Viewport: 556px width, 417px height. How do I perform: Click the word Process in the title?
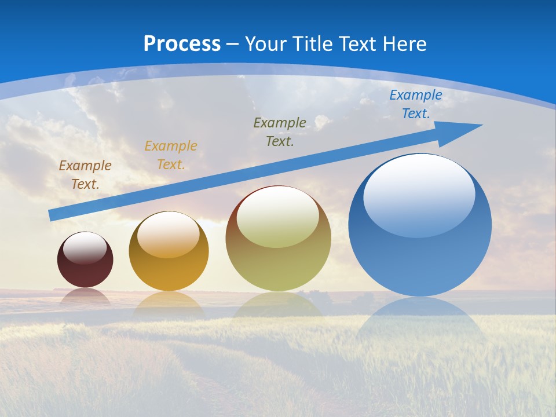point(182,44)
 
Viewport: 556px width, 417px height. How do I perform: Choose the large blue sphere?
point(420,261)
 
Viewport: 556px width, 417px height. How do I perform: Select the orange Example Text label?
point(171,155)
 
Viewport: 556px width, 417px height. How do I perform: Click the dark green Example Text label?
point(280,131)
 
